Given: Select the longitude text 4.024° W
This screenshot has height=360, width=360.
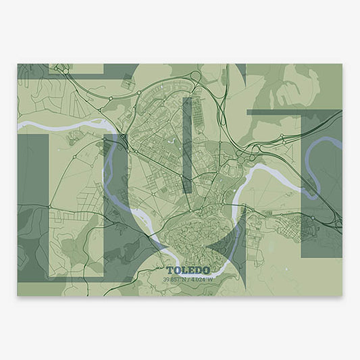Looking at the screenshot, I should coord(201,279).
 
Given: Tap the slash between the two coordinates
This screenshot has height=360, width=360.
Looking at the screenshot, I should coord(188,279).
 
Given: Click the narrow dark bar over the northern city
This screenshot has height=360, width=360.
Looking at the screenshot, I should coord(188,145).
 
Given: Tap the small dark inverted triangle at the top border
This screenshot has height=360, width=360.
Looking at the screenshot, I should coord(240,70).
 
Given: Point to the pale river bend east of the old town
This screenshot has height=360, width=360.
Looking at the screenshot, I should coord(247,186).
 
